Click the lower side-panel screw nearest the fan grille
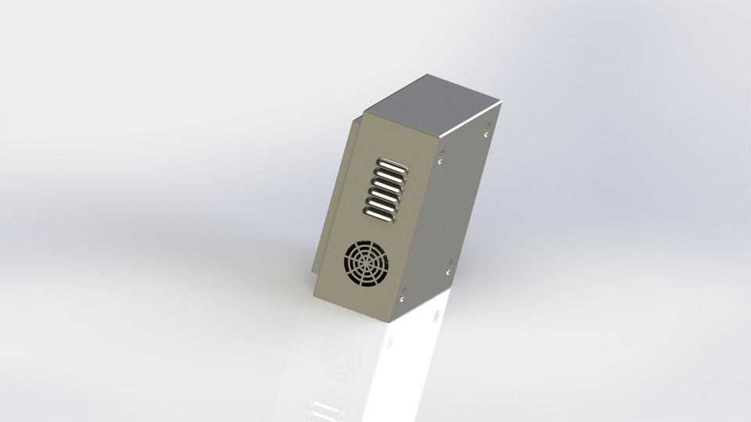tap(404, 296)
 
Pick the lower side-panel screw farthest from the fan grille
tap(448, 270)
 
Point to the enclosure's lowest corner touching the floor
tap(392, 323)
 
